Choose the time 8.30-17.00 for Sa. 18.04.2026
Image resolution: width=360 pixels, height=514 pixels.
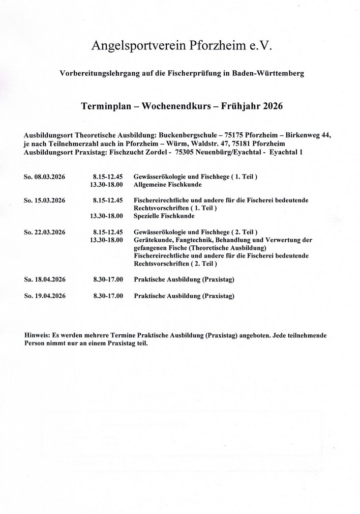click(108, 279)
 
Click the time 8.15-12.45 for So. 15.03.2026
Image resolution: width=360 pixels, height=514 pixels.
click(108, 201)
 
